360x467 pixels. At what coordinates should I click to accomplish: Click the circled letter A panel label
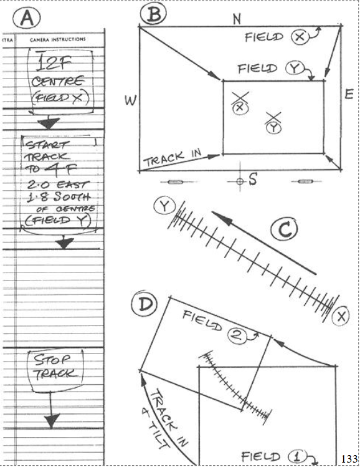pos(27,18)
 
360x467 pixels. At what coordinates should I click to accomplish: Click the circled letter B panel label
pos(153,14)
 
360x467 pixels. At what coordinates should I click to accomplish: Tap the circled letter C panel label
pos(284,229)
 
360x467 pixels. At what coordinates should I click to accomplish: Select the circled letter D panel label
pos(144,304)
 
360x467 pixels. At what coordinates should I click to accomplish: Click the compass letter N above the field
pos(237,19)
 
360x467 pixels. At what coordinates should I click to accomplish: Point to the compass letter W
pos(130,100)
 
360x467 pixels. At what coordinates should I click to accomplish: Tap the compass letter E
pos(349,94)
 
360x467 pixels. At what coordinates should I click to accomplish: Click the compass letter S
pos(253,180)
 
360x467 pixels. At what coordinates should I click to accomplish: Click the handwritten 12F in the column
pos(54,62)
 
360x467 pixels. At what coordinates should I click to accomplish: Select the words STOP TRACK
pos(54,367)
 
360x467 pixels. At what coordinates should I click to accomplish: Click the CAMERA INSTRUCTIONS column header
pos(58,39)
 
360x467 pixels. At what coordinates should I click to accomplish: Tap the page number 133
pos(349,459)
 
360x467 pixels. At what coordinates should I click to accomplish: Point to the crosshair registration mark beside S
pos(240,181)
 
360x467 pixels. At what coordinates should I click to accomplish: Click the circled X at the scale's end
pos(341,316)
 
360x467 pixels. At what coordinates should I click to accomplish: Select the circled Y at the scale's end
pos(164,206)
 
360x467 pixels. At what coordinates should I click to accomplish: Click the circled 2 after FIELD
pos(237,335)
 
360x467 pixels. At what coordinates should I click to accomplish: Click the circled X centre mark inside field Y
pos(240,107)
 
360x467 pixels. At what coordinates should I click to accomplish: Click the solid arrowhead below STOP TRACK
pos(52,421)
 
